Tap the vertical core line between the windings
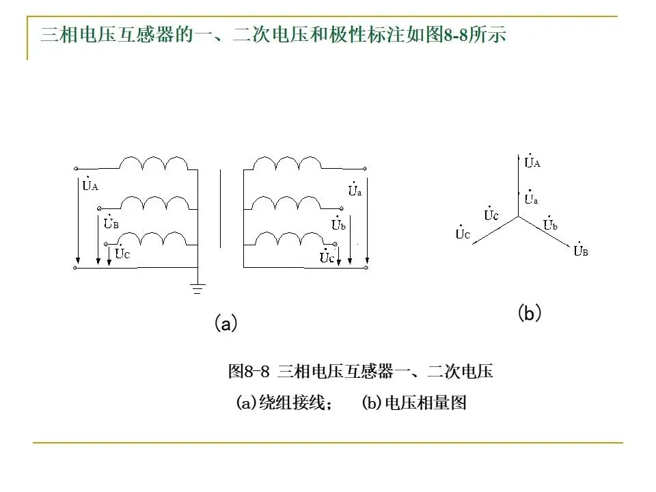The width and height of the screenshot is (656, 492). (x=220, y=209)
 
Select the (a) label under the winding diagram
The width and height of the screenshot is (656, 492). (x=225, y=323)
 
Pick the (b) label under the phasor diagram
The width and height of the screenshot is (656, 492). (x=530, y=314)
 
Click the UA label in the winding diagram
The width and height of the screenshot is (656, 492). (x=90, y=184)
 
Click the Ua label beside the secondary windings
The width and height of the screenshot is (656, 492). (x=355, y=191)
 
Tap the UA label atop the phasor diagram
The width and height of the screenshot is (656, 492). (x=532, y=163)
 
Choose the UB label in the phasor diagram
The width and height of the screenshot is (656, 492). (x=581, y=251)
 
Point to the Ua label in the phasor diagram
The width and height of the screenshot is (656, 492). (x=531, y=199)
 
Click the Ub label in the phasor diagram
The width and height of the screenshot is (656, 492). (x=551, y=224)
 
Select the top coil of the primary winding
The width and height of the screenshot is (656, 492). (x=154, y=163)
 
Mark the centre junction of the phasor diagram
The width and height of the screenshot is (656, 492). (x=517, y=217)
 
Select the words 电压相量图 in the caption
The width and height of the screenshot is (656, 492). (x=425, y=403)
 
